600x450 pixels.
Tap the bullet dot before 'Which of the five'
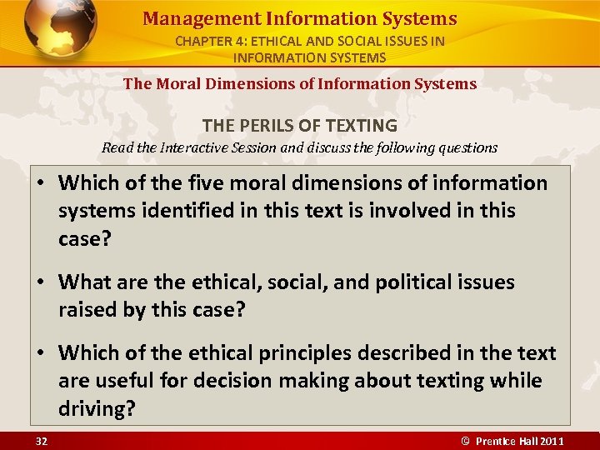(x=40, y=183)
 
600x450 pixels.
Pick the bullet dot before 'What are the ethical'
(x=40, y=283)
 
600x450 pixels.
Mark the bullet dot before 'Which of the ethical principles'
(x=40, y=353)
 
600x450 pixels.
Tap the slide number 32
(x=41, y=441)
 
